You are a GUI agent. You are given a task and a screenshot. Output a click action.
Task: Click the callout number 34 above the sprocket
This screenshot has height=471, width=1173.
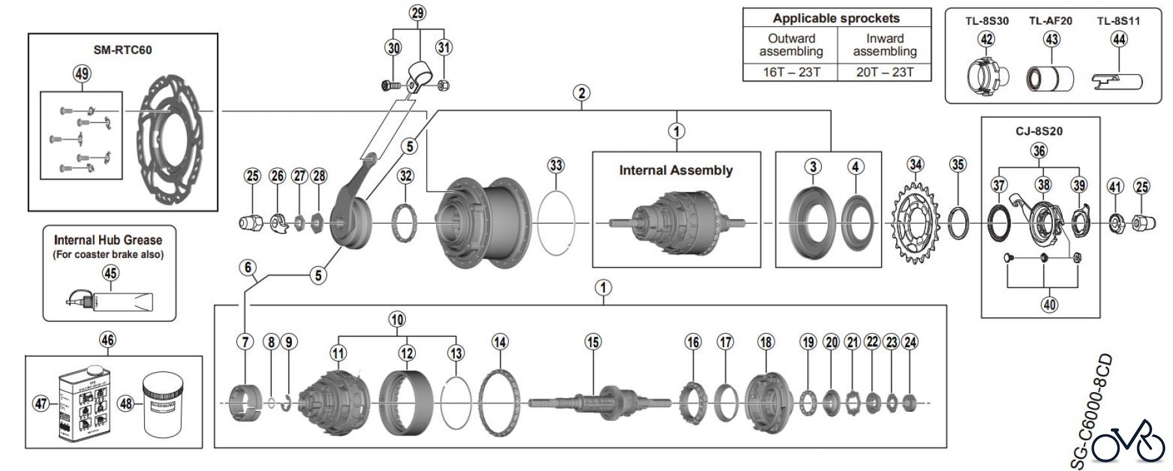pyautogui.click(x=916, y=164)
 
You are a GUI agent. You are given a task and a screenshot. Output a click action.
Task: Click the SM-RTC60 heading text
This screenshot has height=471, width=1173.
pyautogui.click(x=123, y=50)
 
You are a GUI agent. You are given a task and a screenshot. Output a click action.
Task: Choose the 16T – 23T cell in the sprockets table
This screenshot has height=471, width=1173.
pyautogui.click(x=791, y=72)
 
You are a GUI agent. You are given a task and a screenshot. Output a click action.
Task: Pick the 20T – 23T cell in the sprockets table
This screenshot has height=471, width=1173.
pyautogui.click(x=884, y=72)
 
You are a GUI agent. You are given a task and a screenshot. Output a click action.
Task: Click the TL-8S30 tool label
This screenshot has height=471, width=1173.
pyautogui.click(x=987, y=21)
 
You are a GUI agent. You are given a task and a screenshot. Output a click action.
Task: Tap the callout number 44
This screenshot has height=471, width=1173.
pyautogui.click(x=1118, y=39)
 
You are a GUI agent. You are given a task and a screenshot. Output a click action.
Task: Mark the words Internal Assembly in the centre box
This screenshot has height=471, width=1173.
pyautogui.click(x=676, y=171)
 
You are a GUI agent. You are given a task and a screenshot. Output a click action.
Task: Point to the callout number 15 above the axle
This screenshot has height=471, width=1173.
pyautogui.click(x=592, y=341)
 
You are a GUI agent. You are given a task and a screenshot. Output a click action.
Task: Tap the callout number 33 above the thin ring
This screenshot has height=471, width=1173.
pyautogui.click(x=556, y=165)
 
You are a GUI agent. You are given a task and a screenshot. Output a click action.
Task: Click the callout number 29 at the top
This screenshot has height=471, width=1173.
pyautogui.click(x=418, y=12)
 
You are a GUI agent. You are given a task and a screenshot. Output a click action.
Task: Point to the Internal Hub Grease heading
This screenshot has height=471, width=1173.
pyautogui.click(x=108, y=240)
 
